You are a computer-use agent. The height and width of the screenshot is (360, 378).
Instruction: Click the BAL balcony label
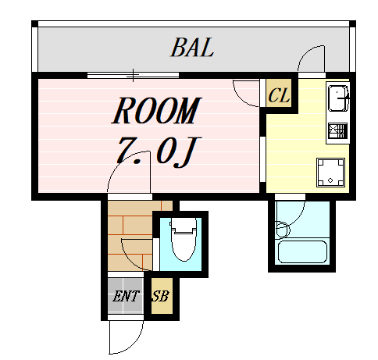click(x=192, y=48)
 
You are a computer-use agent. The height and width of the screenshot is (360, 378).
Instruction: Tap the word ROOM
click(x=157, y=110)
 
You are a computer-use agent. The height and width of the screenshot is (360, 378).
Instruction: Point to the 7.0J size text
click(x=157, y=151)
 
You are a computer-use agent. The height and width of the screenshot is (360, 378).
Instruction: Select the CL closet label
click(x=279, y=95)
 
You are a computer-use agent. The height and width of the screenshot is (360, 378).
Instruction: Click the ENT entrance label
click(x=126, y=296)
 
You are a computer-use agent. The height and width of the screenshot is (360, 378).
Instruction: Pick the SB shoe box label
click(x=161, y=296)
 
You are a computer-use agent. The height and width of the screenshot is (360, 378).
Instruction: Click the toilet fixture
click(x=184, y=239)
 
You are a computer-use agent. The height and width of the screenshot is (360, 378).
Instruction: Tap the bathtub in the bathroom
click(x=302, y=252)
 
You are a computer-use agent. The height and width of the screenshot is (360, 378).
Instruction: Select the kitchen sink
click(x=337, y=98)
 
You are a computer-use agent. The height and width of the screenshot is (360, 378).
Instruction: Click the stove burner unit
click(x=337, y=130)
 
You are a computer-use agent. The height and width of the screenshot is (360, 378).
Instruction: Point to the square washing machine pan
click(x=330, y=173)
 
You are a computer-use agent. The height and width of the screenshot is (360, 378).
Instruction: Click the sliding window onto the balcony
click(x=133, y=75)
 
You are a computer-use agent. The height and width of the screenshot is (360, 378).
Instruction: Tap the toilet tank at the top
click(x=184, y=225)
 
